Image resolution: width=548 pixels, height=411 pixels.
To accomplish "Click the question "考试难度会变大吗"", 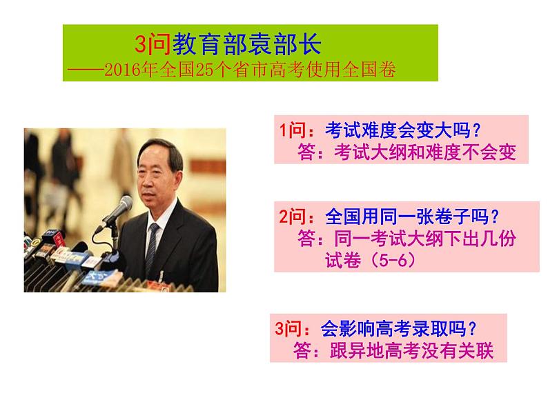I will coord(385,130).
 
